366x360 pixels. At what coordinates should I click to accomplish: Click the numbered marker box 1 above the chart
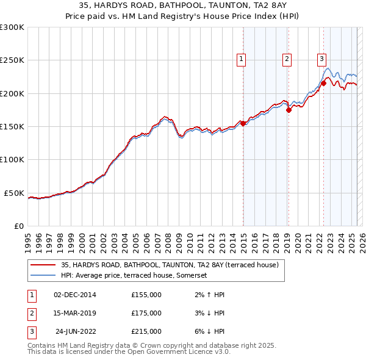242,59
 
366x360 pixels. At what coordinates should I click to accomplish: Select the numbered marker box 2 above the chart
287,59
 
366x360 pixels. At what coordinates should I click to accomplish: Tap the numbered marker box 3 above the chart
321,59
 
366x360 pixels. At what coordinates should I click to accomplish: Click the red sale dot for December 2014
243,123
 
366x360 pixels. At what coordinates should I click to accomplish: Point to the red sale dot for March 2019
289,110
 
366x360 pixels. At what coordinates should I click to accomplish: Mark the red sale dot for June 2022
324,84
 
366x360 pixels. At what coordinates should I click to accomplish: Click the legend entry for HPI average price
134,275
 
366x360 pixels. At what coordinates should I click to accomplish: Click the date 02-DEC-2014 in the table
75,295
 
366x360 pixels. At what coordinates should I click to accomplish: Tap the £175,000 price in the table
146,313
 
